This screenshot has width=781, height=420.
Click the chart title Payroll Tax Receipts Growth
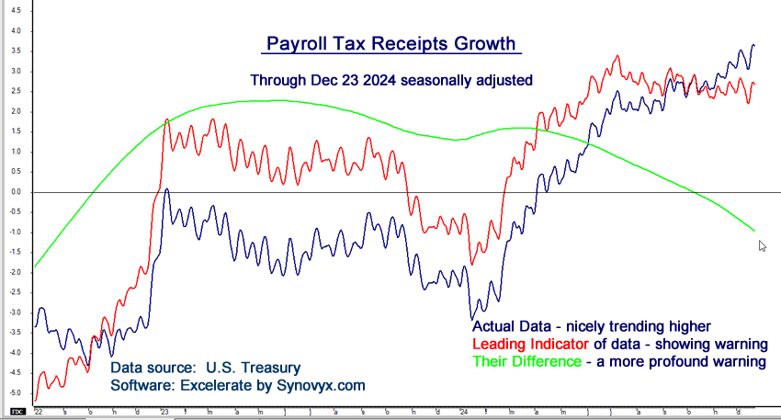point(391,44)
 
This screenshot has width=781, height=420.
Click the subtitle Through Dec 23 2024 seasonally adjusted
point(391,80)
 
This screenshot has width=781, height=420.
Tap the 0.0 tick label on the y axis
point(16,192)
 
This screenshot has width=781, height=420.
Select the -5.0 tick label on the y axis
point(16,393)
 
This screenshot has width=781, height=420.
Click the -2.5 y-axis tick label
point(16,292)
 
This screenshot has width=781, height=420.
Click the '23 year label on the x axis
point(164,412)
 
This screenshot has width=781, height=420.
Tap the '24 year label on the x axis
point(465,412)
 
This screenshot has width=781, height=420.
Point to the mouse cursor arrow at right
point(762,245)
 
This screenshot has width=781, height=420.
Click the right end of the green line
point(754,230)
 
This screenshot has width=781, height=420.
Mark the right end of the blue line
point(754,45)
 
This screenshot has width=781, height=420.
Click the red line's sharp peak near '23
point(166,119)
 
